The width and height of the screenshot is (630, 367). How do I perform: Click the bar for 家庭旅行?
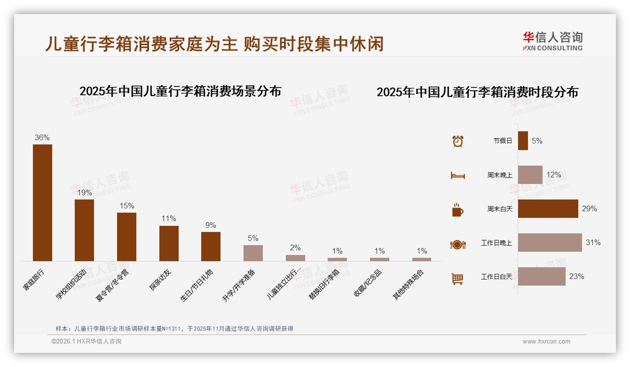click(x=42, y=202)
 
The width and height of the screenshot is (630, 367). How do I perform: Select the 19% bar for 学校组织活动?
click(x=84, y=230)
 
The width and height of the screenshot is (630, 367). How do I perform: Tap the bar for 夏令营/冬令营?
click(x=126, y=237)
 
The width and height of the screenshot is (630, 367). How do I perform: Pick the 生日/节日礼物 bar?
click(x=211, y=246)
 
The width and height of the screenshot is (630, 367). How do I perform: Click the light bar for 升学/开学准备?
click(x=253, y=253)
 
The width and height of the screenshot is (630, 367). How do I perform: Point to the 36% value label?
click(x=42, y=137)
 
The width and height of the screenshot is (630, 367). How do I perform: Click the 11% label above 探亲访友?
click(x=169, y=219)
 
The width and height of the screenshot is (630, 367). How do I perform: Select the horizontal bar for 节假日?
click(x=523, y=141)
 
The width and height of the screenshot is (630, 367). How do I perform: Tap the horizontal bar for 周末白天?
click(x=548, y=208)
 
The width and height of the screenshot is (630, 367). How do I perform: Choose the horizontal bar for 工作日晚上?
click(x=550, y=242)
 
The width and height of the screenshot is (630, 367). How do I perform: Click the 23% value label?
click(x=576, y=277)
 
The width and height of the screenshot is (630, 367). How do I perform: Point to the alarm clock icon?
click(x=458, y=141)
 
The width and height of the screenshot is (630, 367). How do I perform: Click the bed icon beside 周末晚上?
click(x=458, y=175)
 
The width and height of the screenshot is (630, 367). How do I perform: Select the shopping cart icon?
click(x=457, y=279)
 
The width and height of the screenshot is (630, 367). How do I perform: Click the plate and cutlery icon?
click(x=458, y=244)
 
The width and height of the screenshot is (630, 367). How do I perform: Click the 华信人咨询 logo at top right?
click(x=552, y=41)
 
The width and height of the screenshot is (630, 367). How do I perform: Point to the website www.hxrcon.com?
click(x=546, y=342)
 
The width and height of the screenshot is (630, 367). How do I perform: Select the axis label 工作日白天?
click(x=496, y=277)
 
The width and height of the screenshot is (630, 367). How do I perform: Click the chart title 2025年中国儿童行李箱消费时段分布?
click(x=477, y=92)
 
